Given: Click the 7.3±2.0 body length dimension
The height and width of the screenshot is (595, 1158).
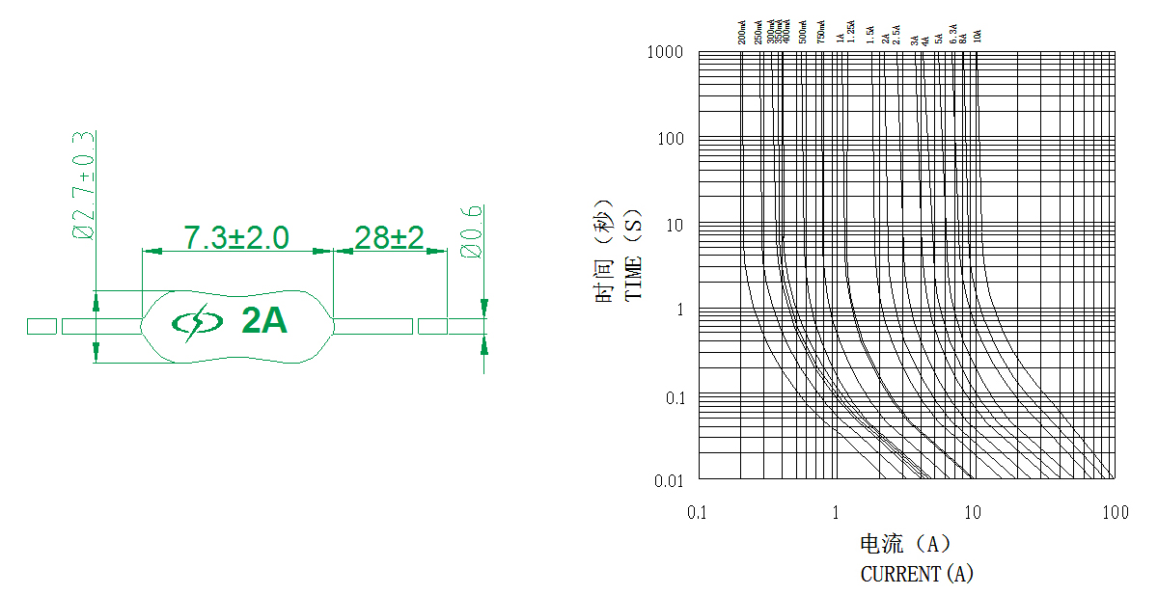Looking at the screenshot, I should (236, 237).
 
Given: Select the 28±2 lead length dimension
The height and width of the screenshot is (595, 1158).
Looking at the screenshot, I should (389, 237).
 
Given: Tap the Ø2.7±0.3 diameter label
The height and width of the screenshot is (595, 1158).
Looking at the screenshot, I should (84, 185).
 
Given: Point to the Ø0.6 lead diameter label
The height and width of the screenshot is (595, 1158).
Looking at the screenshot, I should (472, 231).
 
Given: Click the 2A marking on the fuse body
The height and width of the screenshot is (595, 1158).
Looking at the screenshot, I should (264, 321).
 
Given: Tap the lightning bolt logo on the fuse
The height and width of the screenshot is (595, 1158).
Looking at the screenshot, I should (196, 322).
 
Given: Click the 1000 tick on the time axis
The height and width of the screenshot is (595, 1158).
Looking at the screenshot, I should (665, 52).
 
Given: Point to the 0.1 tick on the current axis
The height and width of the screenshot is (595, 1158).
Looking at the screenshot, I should (698, 512).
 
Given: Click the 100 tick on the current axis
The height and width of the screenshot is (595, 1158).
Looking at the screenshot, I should (1115, 512).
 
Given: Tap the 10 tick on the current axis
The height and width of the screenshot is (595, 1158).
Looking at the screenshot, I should (974, 512).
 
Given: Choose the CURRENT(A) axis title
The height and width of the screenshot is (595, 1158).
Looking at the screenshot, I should (917, 574).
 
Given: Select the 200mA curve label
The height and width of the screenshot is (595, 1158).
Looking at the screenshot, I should (742, 32).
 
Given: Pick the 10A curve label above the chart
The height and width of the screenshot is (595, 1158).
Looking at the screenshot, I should (978, 36).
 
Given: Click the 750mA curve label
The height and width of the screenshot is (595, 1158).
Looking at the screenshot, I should (821, 32).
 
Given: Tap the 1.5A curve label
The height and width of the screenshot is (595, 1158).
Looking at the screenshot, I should (870, 35).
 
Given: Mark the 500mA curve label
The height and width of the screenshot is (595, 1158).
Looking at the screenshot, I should (803, 32).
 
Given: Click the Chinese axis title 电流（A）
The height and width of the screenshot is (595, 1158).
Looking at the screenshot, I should (905, 543).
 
